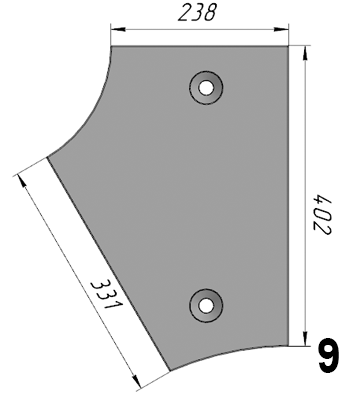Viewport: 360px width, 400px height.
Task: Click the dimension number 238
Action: click(197, 13)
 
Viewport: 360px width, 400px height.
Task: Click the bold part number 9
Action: click(329, 355)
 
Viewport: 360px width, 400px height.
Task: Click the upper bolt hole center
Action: click(206, 88)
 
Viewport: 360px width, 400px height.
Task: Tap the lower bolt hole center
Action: click(206, 305)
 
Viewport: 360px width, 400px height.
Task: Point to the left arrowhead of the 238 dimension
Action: click(118, 30)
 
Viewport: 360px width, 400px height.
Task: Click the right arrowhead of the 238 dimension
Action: click(281, 30)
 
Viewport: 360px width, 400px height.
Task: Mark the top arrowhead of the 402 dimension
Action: click(304, 53)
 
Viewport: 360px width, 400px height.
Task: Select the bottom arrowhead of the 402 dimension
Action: click(304, 339)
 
